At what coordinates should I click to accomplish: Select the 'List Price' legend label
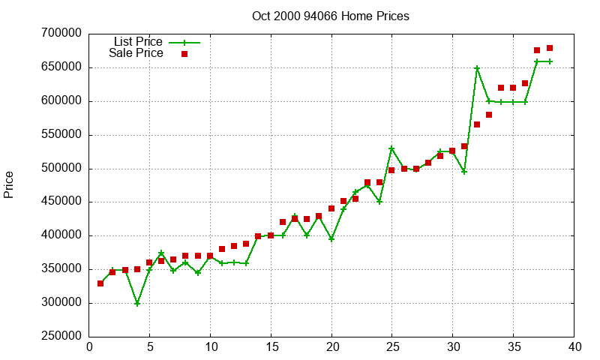tap(138, 42)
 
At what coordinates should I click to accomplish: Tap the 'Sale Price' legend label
tap(136, 53)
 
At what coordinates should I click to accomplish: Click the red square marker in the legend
tap(184, 54)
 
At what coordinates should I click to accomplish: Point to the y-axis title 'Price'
tap(9, 184)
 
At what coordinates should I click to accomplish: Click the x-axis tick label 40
tap(574, 346)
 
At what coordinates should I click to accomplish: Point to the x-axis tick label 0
tap(89, 346)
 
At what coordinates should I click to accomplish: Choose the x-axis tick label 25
tap(392, 346)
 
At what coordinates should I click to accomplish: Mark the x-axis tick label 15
tap(271, 346)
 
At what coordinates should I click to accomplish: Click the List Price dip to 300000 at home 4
tap(137, 303)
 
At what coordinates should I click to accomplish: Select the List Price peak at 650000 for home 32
tap(477, 67)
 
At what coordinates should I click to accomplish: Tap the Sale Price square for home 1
tap(100, 283)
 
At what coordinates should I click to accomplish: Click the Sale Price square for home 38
tap(550, 48)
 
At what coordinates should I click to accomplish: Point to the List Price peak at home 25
tap(391, 148)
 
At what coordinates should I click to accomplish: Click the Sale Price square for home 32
tap(477, 124)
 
